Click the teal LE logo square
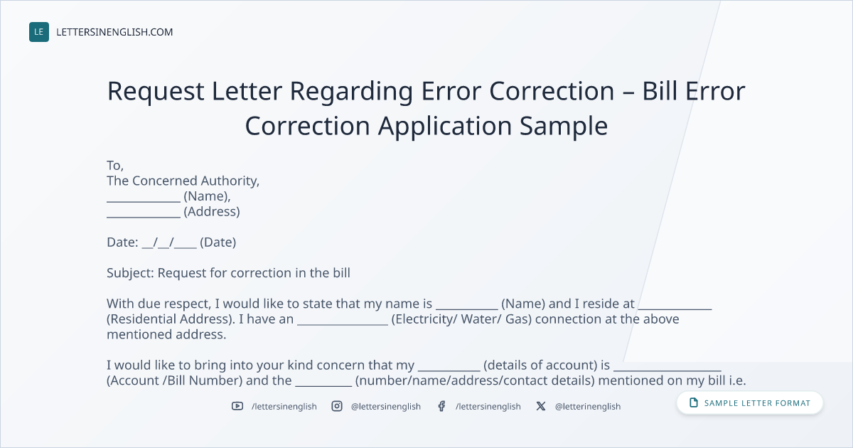coord(39,32)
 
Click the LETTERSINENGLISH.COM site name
coord(114,32)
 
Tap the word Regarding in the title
coord(351,92)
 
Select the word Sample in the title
coord(564,126)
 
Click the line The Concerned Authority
coord(183,181)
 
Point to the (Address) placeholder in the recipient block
coord(212,211)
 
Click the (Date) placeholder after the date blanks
coord(218,242)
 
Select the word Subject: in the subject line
coord(130,273)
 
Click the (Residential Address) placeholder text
coord(170,319)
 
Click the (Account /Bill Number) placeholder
coord(174,380)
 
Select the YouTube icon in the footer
coord(237,406)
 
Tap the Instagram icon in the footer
coord(337,406)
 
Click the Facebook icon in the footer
coord(441,406)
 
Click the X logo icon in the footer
coord(541,406)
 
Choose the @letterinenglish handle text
coord(588,407)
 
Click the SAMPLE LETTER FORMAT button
coord(749,403)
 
